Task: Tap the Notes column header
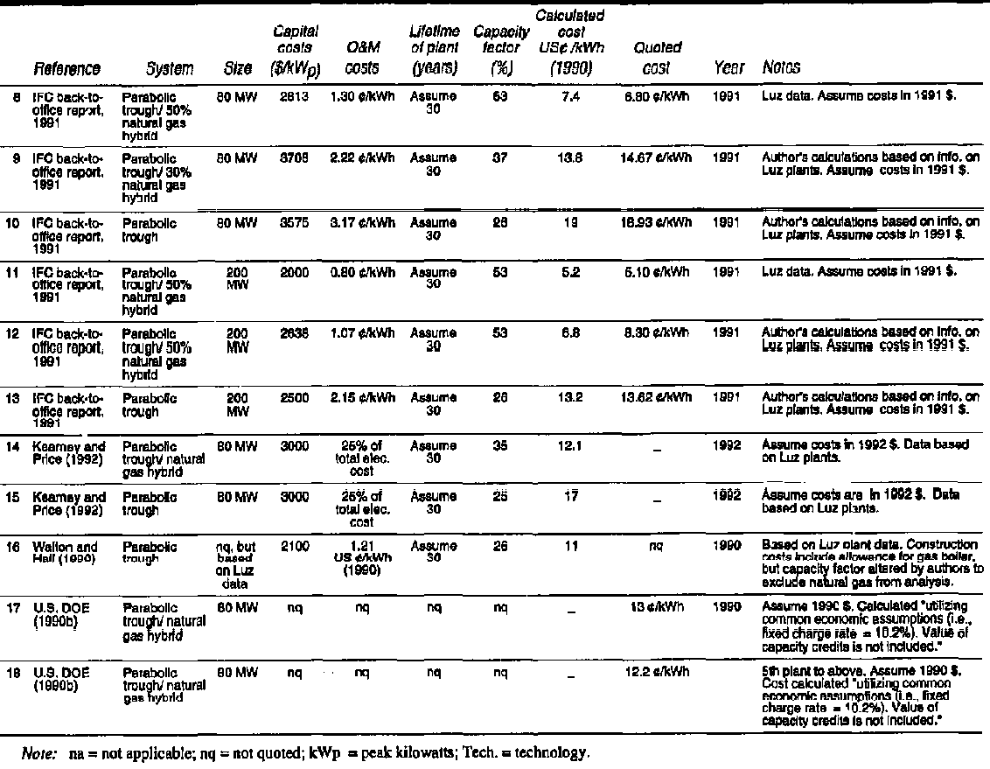pos(780,67)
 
